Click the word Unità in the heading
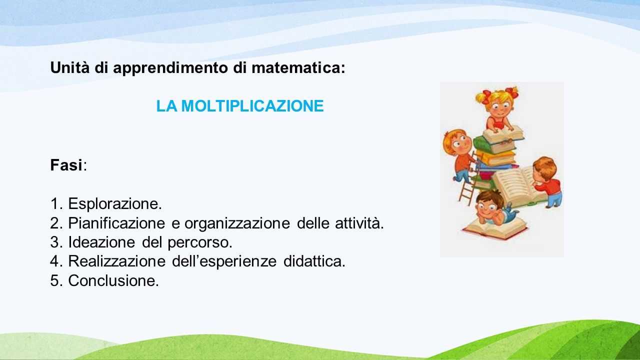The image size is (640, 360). [x=70, y=67]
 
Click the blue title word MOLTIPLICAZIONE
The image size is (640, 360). [x=252, y=106]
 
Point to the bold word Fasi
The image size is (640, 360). [x=66, y=165]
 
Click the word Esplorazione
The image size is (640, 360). [x=115, y=204]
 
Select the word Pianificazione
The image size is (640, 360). [x=116, y=223]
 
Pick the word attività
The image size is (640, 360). [x=359, y=223]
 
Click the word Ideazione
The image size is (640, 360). [x=101, y=242]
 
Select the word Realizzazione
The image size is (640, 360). [x=116, y=261]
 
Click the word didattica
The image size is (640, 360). [x=314, y=261]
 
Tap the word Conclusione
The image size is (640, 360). [x=113, y=280]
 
